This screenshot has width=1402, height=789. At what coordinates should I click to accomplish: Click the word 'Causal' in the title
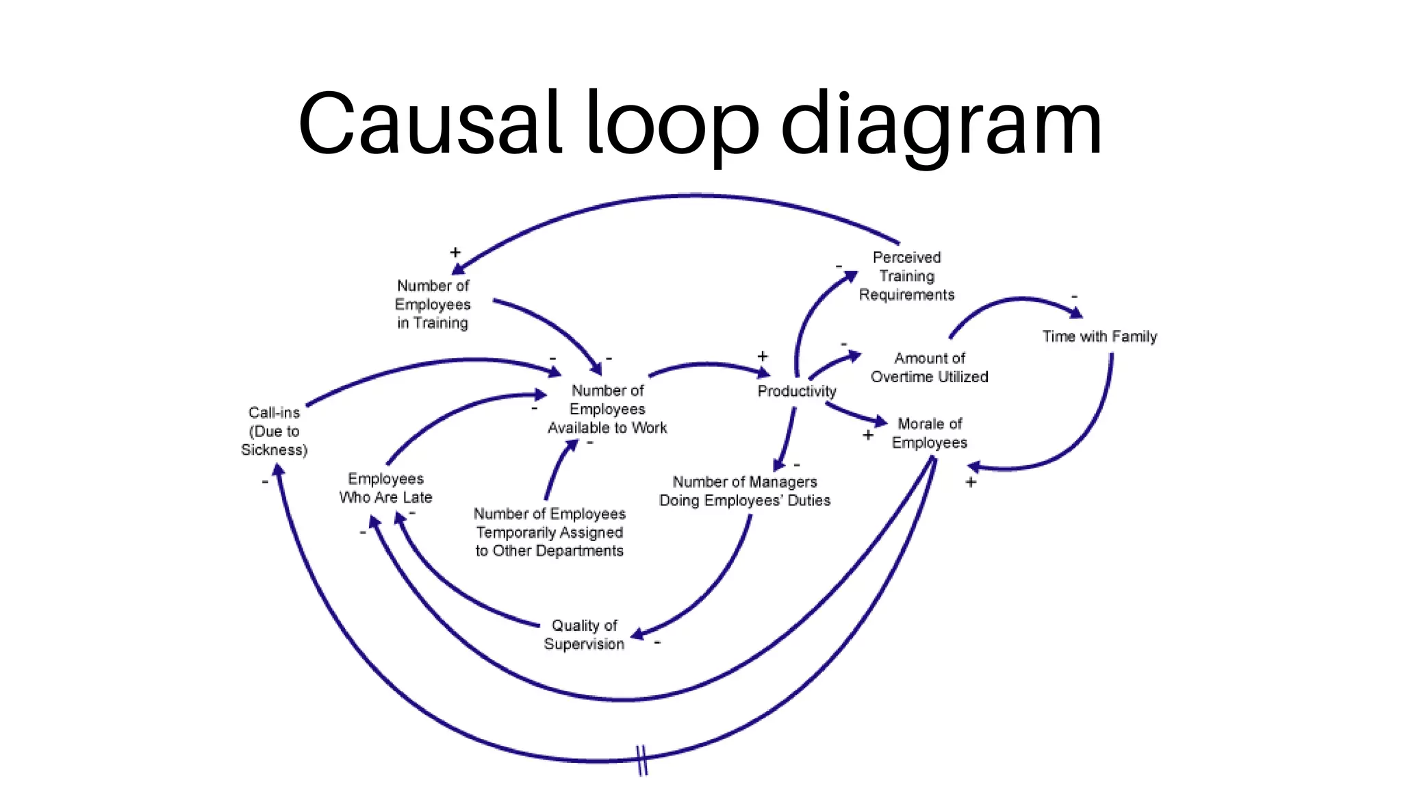pos(430,125)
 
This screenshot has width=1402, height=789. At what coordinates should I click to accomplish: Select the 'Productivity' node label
pos(796,391)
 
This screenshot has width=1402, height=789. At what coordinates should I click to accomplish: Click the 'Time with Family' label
pos(1099,336)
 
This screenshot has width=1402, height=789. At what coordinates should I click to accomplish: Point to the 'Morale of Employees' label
pos(929,433)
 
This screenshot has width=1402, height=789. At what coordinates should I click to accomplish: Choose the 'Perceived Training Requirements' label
pos(906,276)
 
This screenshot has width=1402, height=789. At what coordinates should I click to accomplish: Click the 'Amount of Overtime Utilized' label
pos(929,367)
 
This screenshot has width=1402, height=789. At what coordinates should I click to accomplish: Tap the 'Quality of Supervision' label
pos(584,634)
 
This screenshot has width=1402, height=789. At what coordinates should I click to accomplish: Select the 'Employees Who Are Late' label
pos(385,488)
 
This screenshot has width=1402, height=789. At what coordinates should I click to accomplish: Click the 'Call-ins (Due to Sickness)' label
pos(274,431)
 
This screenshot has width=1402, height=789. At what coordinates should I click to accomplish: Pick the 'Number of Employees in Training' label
pos(433,304)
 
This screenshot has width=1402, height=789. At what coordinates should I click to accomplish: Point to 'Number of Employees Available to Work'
pos(607,409)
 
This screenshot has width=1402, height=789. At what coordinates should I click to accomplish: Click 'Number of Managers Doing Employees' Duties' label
pos(744,491)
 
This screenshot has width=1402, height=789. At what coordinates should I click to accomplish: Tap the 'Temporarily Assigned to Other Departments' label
pos(549,532)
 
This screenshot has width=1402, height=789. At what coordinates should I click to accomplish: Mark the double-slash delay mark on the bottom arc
pos(642,760)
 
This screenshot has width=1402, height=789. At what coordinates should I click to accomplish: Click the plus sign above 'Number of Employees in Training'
pos(455,253)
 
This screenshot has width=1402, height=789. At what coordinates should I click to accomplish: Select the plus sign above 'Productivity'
pos(763,356)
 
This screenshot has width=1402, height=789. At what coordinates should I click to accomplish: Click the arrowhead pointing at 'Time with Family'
pos(1076,313)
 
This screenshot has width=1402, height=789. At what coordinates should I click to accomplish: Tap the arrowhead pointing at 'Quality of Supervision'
pos(637,634)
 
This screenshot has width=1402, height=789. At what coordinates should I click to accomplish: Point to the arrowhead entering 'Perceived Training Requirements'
pos(850,276)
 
